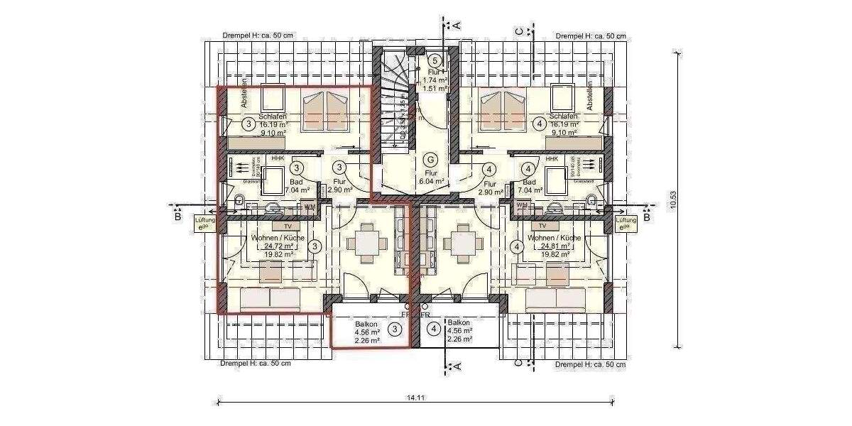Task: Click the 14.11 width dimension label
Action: [415, 398]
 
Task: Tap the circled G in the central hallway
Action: [430, 160]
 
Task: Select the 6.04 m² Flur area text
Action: [430, 182]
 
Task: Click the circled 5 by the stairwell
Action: [436, 61]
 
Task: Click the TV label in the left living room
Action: [278, 226]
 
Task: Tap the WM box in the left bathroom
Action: [309, 206]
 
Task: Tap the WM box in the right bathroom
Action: [522, 206]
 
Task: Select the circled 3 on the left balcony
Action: [395, 329]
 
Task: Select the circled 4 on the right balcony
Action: [434, 329]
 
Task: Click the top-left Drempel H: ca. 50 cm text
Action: [255, 35]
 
